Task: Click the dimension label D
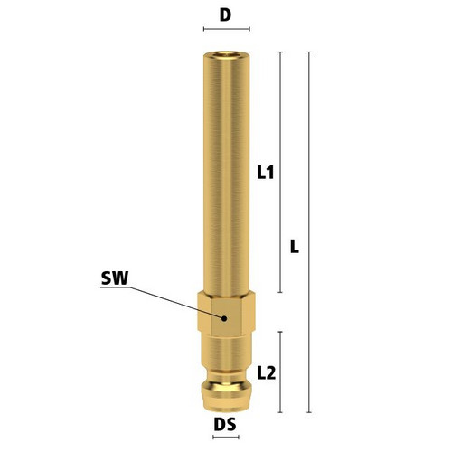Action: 225,14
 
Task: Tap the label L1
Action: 266,173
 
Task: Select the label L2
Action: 267,373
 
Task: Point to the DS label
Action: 225,425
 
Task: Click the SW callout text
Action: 115,278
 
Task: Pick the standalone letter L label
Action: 295,246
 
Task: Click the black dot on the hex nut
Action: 224,318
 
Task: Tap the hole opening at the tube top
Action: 226,54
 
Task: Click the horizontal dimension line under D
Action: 227,29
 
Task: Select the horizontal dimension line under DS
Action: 226,438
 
